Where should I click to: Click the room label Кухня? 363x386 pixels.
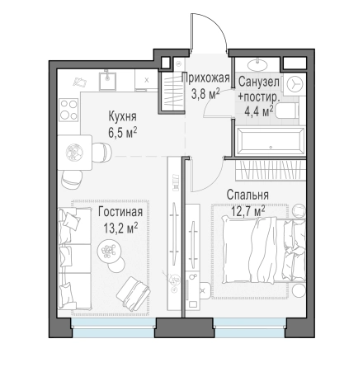122,116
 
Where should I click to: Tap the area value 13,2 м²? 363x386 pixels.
120,228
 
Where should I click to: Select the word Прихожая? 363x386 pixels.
205,78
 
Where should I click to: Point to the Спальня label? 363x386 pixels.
247,195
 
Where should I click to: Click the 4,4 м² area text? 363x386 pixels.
259,111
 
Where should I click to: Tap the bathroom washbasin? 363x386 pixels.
257,65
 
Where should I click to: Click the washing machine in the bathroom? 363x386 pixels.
295,84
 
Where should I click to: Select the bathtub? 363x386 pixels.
271,141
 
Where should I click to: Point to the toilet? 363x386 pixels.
287,111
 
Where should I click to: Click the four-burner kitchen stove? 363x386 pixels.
68,110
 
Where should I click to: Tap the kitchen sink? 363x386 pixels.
108,80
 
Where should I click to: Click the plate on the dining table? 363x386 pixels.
74,153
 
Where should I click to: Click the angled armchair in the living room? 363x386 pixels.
134,294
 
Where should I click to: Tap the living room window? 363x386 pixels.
113,327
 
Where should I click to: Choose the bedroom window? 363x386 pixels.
250,327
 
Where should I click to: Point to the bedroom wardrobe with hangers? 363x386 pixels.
271,171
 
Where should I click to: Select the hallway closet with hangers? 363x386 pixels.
172,92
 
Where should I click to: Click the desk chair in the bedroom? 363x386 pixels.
205,290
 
